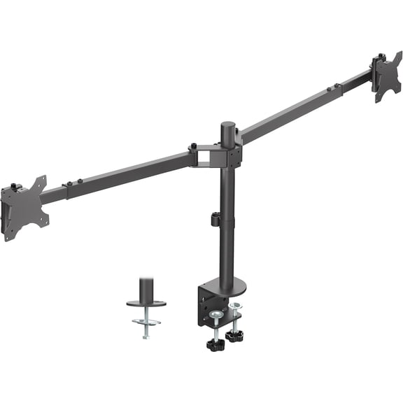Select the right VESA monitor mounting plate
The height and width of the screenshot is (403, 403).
point(386,76)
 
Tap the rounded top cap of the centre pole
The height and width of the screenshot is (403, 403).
point(228,127)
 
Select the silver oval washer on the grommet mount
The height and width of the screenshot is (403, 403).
point(146,321)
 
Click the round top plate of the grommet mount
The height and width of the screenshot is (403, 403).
point(146,303)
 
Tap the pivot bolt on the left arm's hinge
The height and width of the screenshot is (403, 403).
point(192,148)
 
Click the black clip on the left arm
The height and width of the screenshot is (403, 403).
point(68,187)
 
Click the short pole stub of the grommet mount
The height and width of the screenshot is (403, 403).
point(146,289)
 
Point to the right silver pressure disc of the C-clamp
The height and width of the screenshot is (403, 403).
point(234,306)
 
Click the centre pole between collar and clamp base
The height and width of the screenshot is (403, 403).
point(227,252)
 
